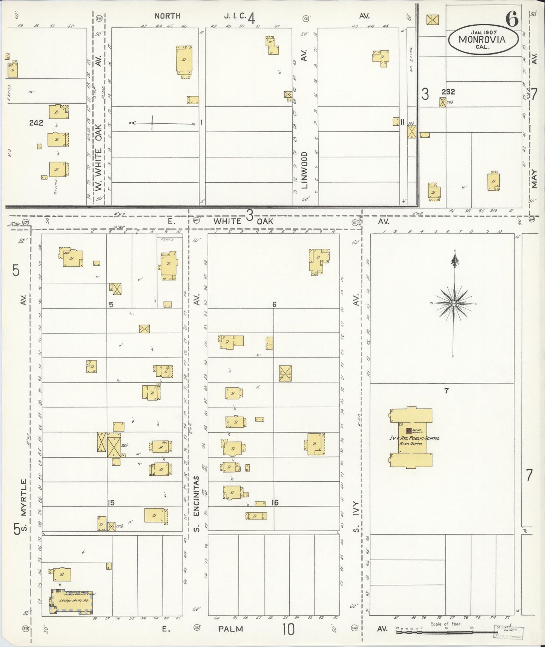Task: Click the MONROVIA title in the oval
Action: coord(482,39)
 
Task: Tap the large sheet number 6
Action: coord(512,20)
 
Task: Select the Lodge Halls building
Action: coord(72,600)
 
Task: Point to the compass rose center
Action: coord(454,303)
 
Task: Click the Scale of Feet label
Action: coord(445,624)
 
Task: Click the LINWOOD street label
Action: coord(305,170)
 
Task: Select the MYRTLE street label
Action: coord(24,497)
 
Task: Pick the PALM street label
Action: coord(230,629)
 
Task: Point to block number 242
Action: coord(36,123)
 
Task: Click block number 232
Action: coord(448,91)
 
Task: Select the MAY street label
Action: coord(534,179)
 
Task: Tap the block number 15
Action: coord(111,502)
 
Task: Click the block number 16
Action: coord(275,502)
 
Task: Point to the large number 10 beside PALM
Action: coord(288,629)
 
